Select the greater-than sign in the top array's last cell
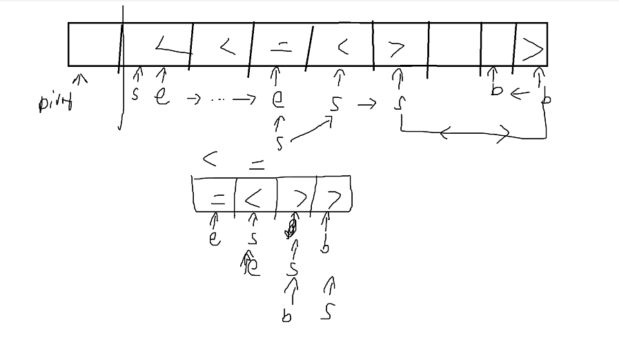[533, 48]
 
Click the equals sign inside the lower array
[217, 199]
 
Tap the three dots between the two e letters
[218, 99]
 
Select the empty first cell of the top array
[94, 44]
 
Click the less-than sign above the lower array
[210, 159]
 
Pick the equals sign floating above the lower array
[256, 165]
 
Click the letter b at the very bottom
[286, 317]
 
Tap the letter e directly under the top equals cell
[278, 99]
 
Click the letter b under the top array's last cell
[546, 98]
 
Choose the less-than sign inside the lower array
[253, 199]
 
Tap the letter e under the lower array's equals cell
[215, 239]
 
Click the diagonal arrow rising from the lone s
[312, 130]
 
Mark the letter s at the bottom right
[328, 312]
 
